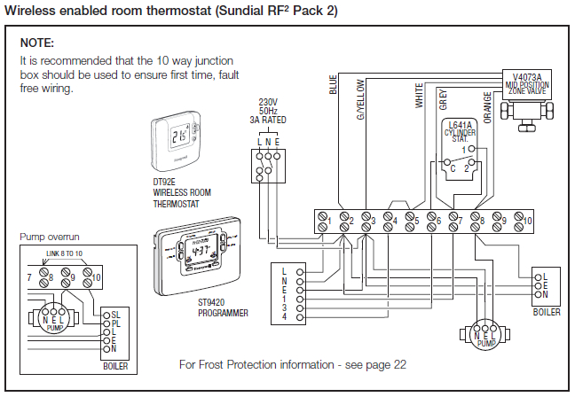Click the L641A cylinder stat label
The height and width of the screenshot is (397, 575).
click(x=461, y=132)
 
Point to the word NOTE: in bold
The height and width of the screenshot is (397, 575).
click(x=37, y=43)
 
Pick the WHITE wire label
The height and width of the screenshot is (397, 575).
click(x=420, y=95)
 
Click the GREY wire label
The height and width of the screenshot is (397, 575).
click(x=443, y=98)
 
